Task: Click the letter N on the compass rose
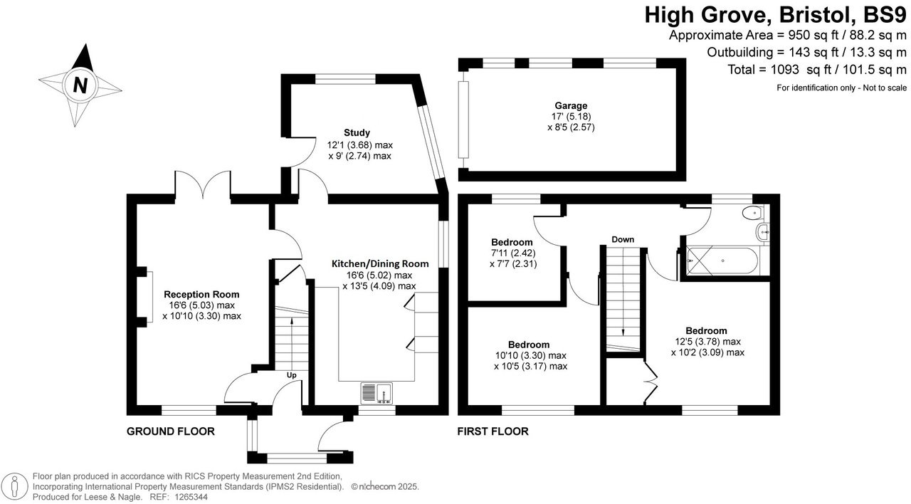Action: point(80,85)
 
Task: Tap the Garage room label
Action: point(566,105)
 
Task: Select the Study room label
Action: point(357,132)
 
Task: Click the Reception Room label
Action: point(201,294)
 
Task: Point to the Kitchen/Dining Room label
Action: point(380,263)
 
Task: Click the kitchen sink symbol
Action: point(377,393)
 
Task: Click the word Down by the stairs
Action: point(622,240)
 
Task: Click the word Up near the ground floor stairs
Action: point(292,375)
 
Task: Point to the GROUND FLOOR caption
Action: point(170,431)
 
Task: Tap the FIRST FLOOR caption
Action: point(493,431)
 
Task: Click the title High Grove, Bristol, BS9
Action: point(775,14)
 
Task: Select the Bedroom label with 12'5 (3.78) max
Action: point(706,330)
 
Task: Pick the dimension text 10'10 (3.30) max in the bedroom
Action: point(530,355)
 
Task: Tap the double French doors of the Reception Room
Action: point(204,187)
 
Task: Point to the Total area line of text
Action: point(818,70)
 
